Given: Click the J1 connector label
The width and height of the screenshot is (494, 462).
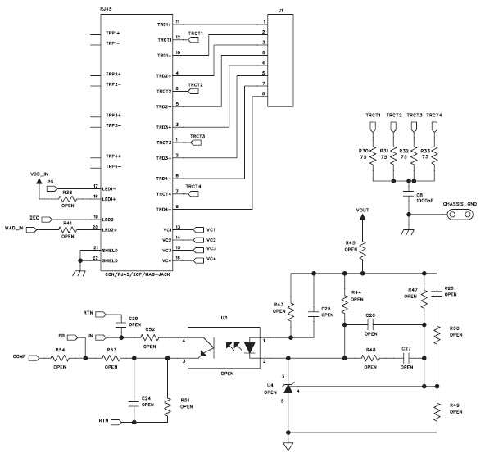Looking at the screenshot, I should click(279, 11).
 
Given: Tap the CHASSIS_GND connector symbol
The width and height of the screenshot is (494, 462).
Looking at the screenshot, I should click(460, 215).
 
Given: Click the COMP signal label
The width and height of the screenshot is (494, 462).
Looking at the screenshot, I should click(20, 357).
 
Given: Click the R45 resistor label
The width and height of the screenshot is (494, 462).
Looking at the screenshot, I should click(350, 246).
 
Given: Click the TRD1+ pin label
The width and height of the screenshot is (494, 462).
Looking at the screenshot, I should click(164, 25).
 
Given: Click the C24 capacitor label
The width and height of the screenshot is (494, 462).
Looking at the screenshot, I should click(147, 400).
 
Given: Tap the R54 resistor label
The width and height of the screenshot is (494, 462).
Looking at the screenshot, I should click(60, 351).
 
